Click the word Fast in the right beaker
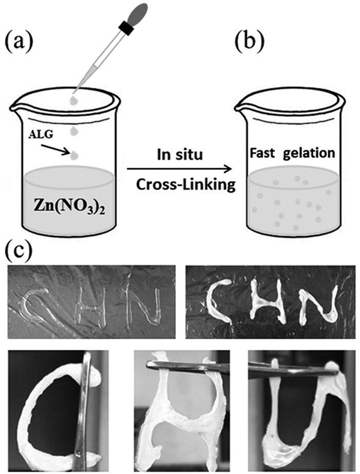[x=264, y=153]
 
